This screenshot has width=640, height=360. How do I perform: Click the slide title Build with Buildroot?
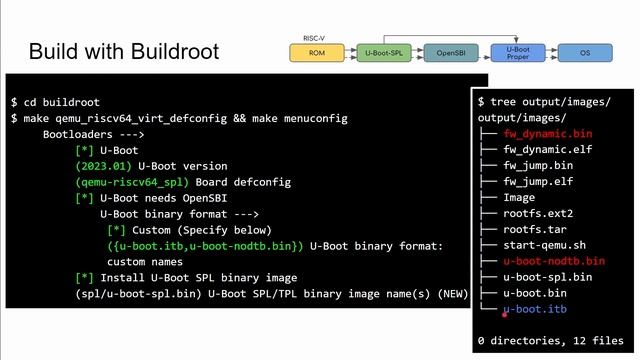tap(124, 51)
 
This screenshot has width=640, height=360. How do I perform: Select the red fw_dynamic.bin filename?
tap(547, 133)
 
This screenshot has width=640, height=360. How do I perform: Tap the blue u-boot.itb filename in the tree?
tap(534, 309)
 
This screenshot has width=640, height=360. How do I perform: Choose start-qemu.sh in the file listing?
tap(543, 245)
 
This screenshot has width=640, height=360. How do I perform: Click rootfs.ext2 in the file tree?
tap(537, 213)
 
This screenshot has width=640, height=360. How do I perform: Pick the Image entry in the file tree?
tap(518, 197)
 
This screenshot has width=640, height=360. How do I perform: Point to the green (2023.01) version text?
tap(104, 166)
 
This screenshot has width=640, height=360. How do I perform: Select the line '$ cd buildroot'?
tap(55, 102)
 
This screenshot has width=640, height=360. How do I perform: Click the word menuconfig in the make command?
tap(316, 118)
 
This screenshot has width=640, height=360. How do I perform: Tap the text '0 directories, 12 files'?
tap(549, 341)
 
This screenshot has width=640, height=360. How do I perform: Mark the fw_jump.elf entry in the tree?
tap(537, 181)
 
